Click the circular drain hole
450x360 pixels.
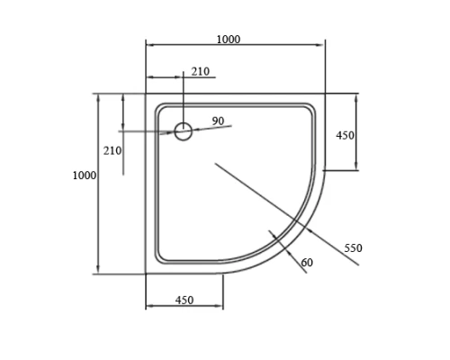(183, 131)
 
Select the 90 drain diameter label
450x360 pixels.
(218, 121)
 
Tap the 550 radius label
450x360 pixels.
(353, 247)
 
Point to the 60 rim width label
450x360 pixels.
(308, 262)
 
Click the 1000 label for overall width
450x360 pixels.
(229, 39)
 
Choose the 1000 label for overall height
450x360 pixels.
(84, 175)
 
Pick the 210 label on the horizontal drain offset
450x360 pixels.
(200, 72)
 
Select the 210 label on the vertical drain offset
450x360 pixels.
(112, 150)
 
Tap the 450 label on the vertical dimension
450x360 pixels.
(345, 135)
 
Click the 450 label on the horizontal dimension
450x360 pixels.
(184, 300)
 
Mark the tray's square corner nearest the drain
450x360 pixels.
(147, 94)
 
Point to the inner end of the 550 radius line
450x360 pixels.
(214, 163)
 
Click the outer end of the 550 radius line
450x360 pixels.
(359, 265)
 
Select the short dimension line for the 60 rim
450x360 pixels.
(289, 251)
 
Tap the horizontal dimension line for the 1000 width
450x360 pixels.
(234, 45)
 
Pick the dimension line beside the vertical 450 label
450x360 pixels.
(356, 131)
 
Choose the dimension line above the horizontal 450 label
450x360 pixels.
(184, 307)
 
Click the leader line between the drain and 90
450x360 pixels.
(212, 128)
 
